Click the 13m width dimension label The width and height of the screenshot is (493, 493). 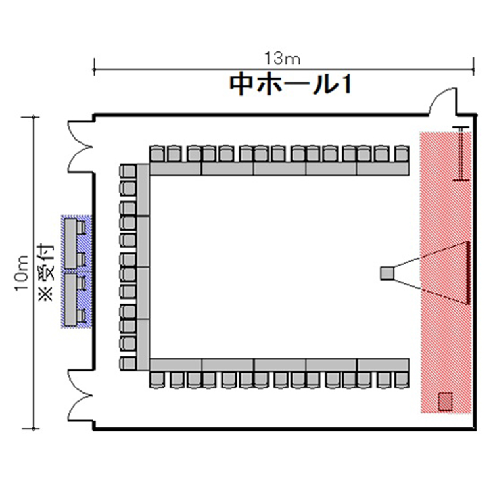tap(283, 59)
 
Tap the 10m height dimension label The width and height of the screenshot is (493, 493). tap(22, 273)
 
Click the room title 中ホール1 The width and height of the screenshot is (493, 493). tap(291, 85)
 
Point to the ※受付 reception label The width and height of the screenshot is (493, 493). tap(47, 272)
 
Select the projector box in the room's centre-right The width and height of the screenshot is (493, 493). tap(387, 273)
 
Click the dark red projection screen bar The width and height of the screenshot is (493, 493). tap(467, 273)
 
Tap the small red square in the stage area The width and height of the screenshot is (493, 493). tap(445, 402)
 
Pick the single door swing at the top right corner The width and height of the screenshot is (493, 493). tap(442, 101)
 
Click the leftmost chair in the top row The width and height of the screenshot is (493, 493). tap(156, 154)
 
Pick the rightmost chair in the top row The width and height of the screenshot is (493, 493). tap(402, 154)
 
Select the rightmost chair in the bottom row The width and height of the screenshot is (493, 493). tap(402, 380)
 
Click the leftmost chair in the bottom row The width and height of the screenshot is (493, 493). tap(157, 380)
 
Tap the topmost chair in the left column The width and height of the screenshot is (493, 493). tap(128, 172)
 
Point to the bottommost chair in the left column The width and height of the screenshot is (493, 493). tap(128, 363)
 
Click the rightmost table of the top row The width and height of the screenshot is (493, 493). tap(383, 168)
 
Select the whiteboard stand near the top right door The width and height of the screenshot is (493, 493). tap(461, 154)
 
